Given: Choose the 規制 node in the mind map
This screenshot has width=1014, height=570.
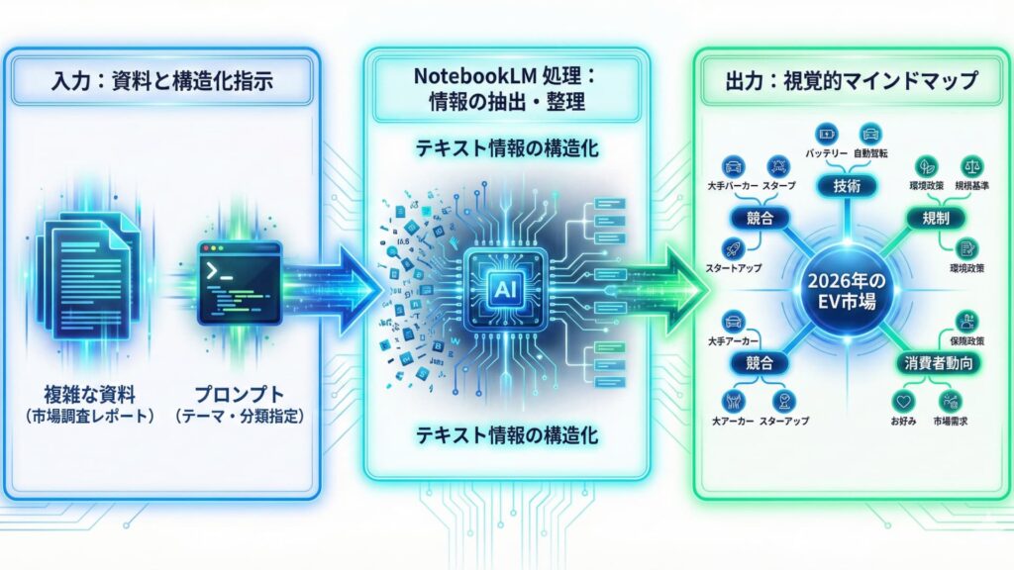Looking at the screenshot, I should click(936, 218).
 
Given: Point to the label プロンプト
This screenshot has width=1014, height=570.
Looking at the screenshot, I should click(238, 394).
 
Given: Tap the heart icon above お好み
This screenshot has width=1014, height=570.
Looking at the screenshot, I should click(901, 402).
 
